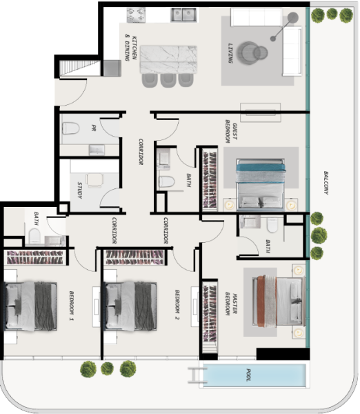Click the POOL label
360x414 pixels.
[248, 375]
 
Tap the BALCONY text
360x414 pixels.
[326, 183]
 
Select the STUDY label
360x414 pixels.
[80, 190]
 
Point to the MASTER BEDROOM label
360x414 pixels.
[231, 304]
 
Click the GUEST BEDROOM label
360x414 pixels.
[231, 131]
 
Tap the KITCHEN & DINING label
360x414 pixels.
[131, 48]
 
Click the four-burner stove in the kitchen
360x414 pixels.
[136, 15]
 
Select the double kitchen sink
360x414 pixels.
[183, 14]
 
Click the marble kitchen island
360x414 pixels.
[168, 60]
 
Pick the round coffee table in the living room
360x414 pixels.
[252, 53]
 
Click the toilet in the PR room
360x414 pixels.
[71, 128]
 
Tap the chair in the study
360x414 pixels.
[94, 180]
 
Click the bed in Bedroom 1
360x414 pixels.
[30, 306]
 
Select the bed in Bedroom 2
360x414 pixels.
[130, 306]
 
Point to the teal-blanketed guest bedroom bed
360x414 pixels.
[261, 185]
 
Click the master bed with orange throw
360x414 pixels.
[279, 302]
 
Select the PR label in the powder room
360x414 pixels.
[94, 128]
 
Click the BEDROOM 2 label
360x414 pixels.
[177, 305]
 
